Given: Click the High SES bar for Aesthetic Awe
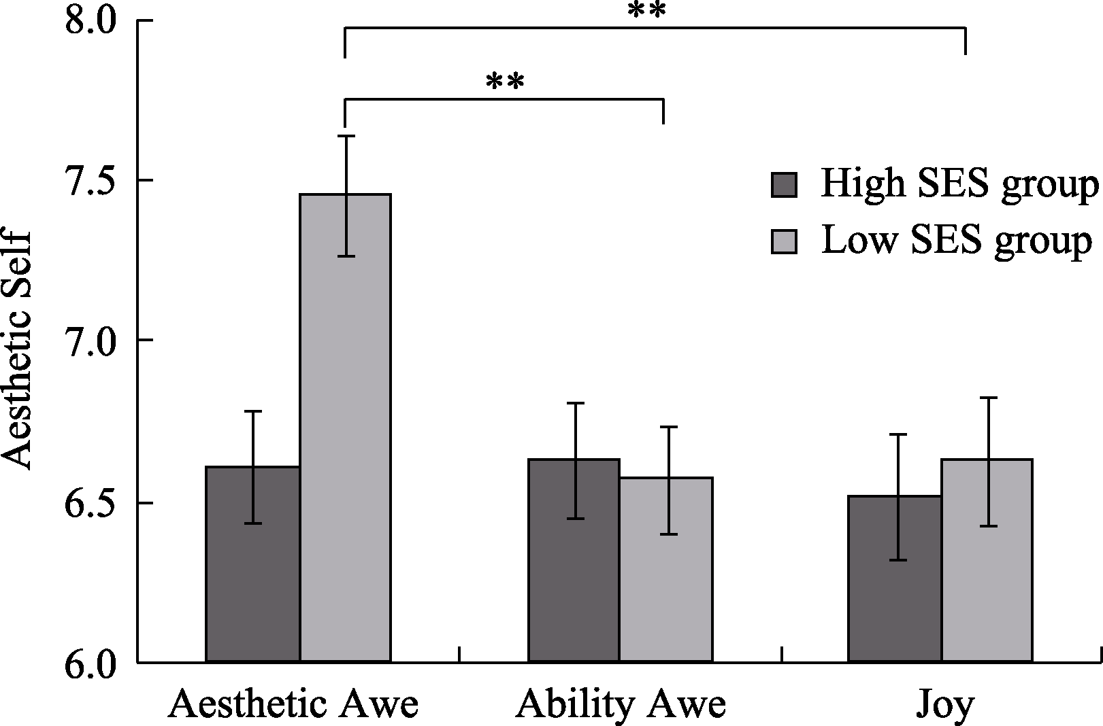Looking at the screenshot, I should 252,564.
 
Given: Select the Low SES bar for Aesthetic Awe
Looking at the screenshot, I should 346,428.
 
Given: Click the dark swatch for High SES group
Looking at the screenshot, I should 784,185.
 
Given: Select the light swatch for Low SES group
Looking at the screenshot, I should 784,241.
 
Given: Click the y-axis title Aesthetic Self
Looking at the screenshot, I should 17,350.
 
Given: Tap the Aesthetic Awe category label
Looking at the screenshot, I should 293,705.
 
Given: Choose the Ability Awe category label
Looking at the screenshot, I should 621,705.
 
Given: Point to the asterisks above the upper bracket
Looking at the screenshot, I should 646,11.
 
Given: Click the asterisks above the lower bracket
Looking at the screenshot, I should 506,82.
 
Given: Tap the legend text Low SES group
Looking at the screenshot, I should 957,240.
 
